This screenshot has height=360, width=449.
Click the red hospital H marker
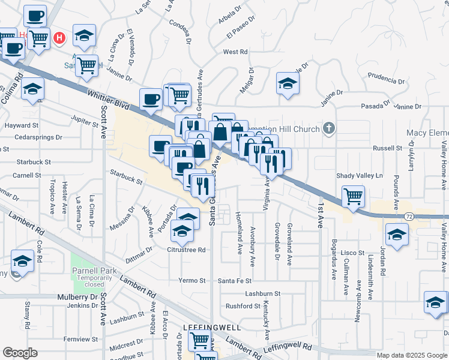59,39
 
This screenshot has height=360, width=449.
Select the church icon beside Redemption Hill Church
328,128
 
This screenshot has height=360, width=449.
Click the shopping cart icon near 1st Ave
354,196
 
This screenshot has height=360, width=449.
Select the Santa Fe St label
235,281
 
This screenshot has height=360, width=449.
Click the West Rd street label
235,52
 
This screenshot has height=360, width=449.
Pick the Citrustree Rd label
186,250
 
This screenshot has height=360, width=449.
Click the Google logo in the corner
20,353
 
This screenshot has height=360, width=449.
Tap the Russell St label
387,148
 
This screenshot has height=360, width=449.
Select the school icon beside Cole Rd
22,261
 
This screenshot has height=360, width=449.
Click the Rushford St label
243,306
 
